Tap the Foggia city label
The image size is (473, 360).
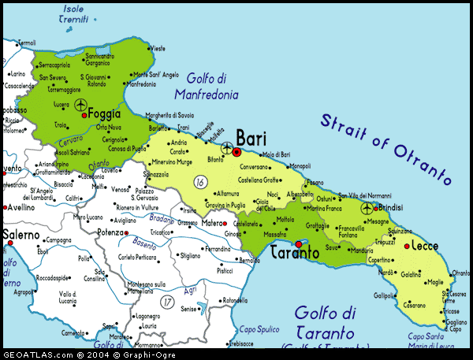(106, 113)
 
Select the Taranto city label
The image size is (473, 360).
(294, 254)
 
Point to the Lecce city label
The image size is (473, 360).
(424, 246)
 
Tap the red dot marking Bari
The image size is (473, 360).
(236, 150)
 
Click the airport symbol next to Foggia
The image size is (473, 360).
(81, 104)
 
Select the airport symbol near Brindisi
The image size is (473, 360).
(367, 209)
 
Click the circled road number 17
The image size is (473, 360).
(166, 301)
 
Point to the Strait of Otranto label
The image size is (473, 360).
(386, 148)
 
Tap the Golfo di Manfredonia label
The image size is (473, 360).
(212, 86)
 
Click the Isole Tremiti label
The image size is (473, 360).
(75, 13)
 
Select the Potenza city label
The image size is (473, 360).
(110, 233)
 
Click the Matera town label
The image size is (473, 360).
(212, 223)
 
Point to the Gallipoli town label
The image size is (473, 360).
(385, 295)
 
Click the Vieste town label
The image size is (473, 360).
(158, 48)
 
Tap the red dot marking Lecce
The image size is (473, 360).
(406, 246)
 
